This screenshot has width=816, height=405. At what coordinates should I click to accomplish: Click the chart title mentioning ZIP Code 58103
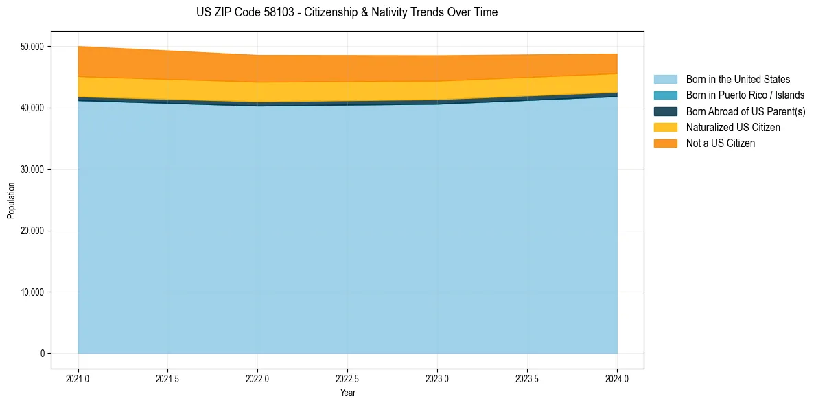coord(347,12)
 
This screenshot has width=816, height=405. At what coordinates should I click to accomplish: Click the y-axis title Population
coord(11,200)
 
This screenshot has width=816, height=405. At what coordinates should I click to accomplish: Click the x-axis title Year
coord(347,393)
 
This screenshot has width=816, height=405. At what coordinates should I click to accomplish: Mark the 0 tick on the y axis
coord(42,354)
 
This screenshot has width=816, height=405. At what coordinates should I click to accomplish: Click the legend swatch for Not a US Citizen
coord(665,143)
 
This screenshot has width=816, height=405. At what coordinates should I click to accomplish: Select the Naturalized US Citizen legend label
coord(733,128)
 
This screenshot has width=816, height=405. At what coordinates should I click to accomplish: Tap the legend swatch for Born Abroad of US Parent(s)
coord(665,111)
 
